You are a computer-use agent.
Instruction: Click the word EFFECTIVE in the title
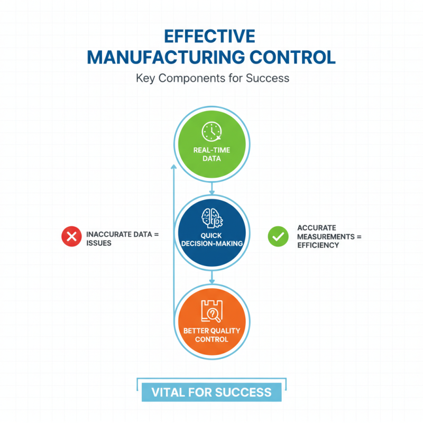tap(211, 36)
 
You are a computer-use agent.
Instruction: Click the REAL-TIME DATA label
tap(211, 154)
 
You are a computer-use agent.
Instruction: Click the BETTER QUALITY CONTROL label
tap(211, 334)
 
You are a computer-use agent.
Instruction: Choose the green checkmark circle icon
tap(276, 236)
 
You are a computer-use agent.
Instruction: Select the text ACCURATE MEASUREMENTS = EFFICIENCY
tap(328, 236)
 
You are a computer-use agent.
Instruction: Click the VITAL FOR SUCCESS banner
tap(212, 392)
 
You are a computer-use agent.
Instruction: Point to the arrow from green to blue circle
tap(212, 189)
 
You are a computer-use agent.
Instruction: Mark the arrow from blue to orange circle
tap(212, 277)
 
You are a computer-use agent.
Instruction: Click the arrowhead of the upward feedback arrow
tap(174, 167)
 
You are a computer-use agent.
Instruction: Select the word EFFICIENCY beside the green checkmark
tap(318, 245)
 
